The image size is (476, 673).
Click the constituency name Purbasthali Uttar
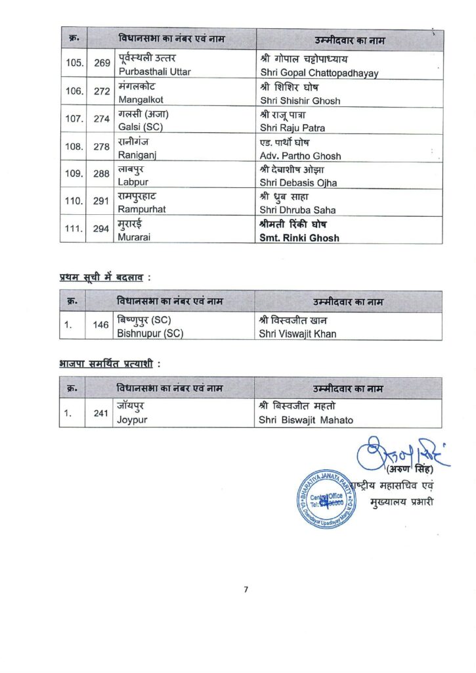click(154, 72)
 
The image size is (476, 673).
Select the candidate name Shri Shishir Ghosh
click(300, 101)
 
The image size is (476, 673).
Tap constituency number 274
click(101, 120)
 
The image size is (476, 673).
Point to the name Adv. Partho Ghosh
click(300, 156)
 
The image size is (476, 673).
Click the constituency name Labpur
click(133, 183)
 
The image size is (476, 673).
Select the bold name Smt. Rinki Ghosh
click(299, 238)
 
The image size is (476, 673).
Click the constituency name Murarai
click(135, 237)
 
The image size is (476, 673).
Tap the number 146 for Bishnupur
click(101, 325)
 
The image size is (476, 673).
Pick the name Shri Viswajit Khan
click(297, 333)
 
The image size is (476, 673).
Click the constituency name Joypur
click(132, 419)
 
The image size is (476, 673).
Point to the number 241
click(101, 413)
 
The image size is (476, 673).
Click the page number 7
click(246, 589)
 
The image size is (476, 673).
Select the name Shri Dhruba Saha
click(297, 210)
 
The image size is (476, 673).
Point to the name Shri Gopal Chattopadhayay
click(319, 73)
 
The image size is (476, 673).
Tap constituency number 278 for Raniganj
click(101, 147)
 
